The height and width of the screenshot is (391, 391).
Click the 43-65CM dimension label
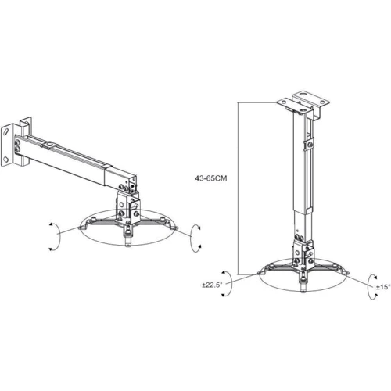click(x=211, y=178)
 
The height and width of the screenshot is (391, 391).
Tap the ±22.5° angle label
click(x=212, y=285)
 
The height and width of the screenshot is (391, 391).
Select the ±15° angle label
click(x=383, y=287)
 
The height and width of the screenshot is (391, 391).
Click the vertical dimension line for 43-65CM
click(x=238, y=188)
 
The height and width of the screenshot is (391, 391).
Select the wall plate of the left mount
click(x=6, y=145)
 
